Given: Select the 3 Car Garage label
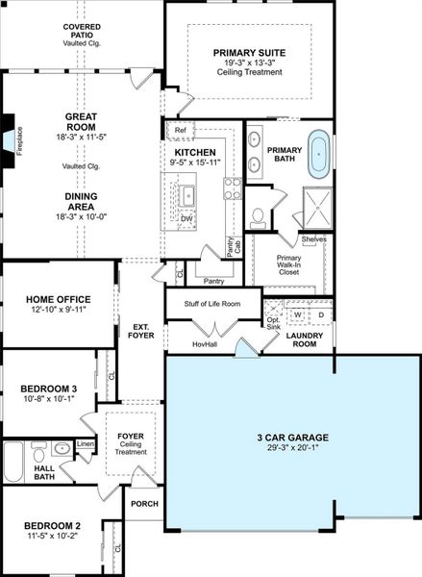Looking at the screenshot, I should pos(292,439).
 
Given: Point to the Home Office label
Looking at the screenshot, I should pos(60,299).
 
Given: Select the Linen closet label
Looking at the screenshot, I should pos(86,444).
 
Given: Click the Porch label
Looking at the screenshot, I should pos(144,504).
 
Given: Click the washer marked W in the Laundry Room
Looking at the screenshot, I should pos(298,314).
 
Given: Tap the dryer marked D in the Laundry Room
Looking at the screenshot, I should pos(321,314).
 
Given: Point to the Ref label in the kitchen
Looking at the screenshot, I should pos(180,129).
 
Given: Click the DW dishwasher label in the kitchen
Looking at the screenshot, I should pos(186,218).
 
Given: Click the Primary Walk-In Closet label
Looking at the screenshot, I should pos(289,265).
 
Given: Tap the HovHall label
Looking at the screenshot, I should pos(204,343).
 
